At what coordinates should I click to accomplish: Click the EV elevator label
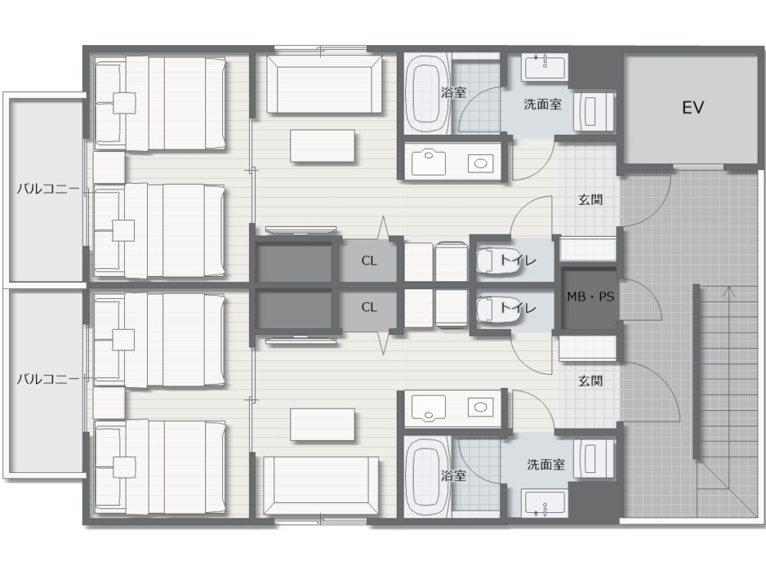(692, 107)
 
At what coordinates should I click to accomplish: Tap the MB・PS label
(590, 296)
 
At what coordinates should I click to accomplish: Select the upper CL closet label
(369, 261)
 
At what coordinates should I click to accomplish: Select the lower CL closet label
(369, 307)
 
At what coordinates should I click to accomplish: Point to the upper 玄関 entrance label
(590, 199)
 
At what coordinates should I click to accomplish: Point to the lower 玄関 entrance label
(590, 380)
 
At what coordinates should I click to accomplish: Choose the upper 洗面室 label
(542, 103)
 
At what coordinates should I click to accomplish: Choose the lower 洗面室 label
(545, 465)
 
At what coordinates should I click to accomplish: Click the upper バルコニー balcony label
(47, 189)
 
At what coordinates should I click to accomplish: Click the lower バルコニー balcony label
(47, 379)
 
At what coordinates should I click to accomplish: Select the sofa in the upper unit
(324, 84)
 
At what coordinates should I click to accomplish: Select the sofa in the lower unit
(321, 485)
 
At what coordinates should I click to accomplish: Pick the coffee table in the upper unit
(322, 146)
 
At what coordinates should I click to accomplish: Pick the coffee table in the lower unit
(322, 425)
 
